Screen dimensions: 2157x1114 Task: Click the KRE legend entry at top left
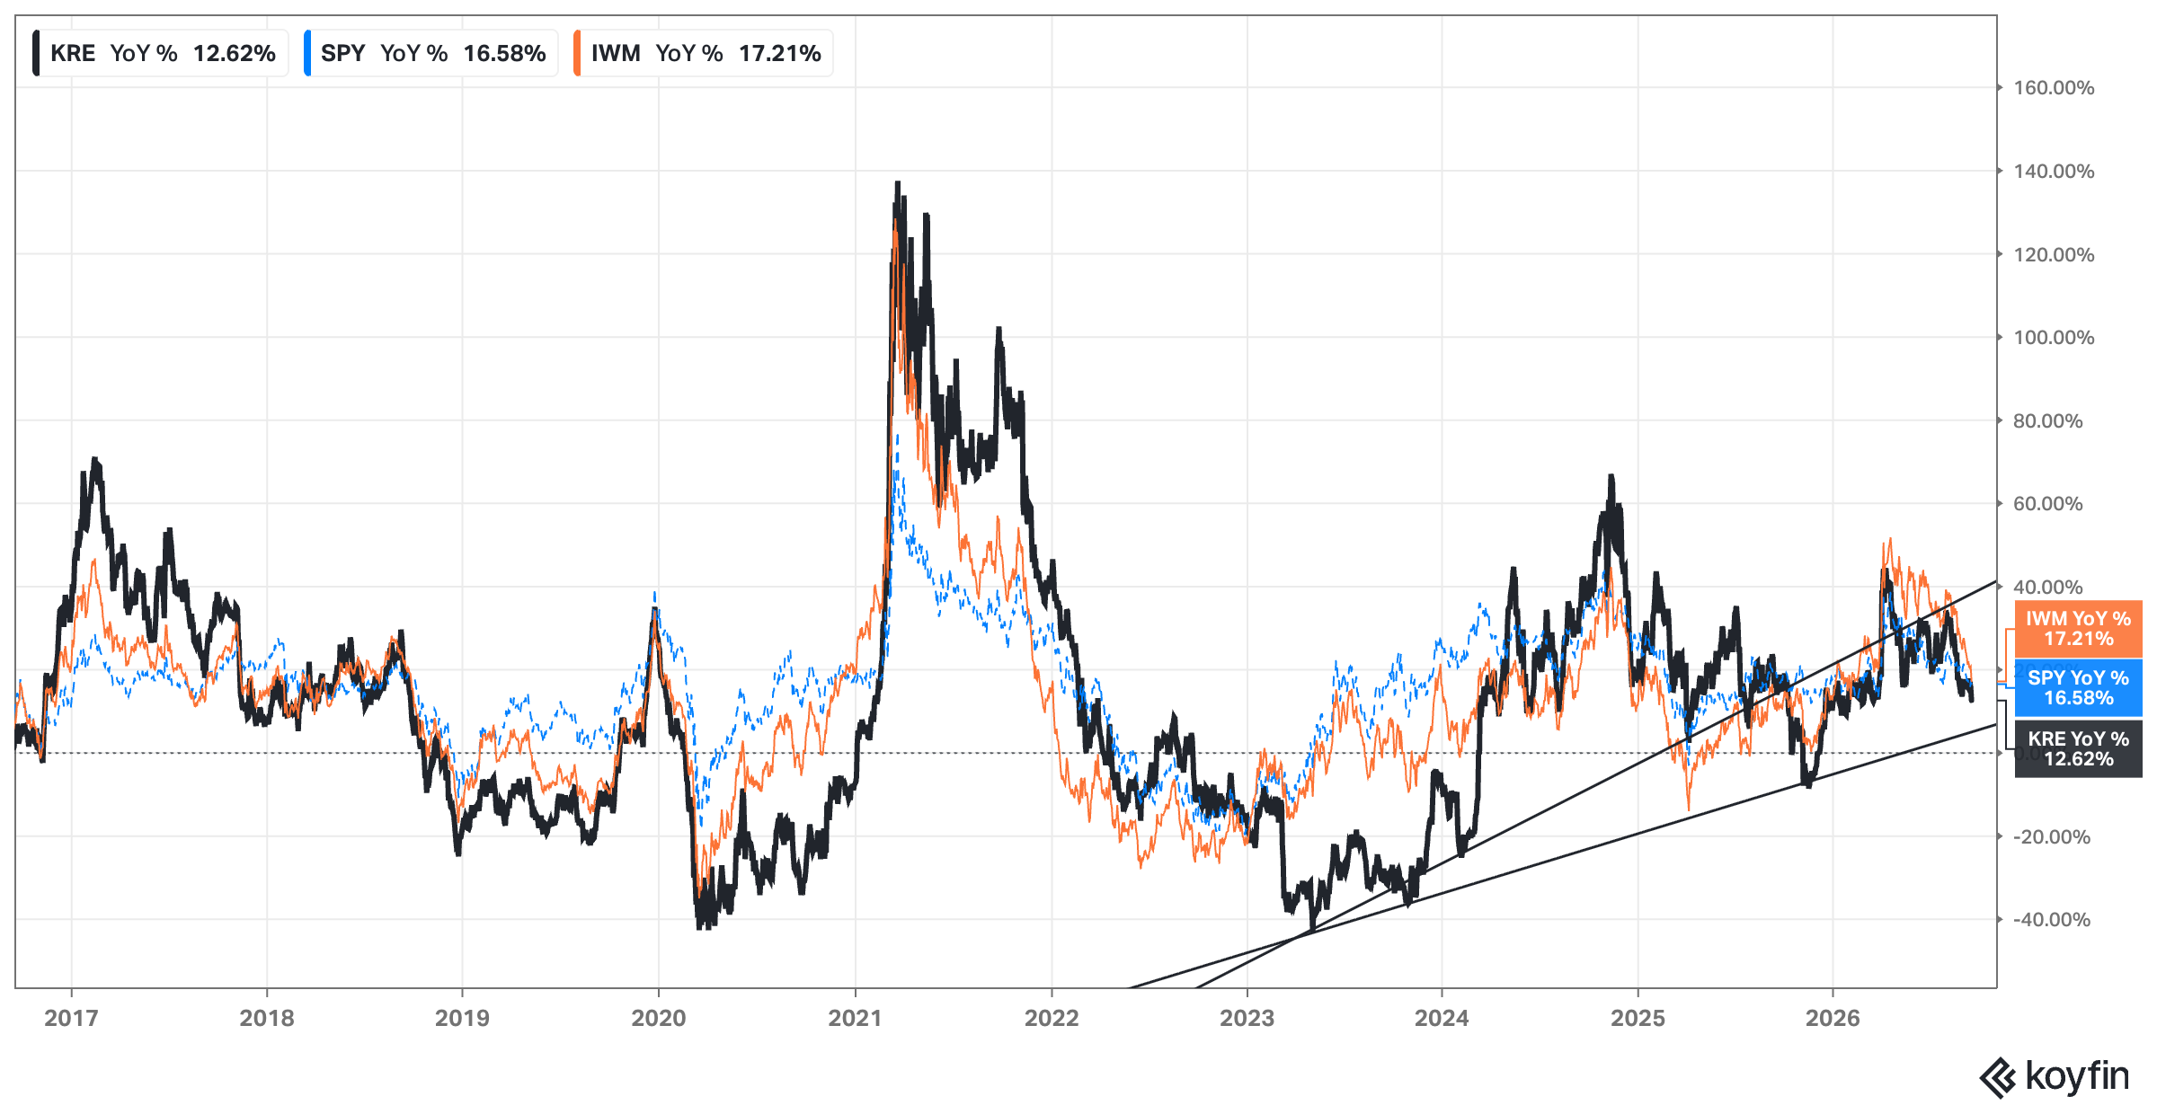[x=160, y=53]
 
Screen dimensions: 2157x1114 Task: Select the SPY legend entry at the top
[x=431, y=53]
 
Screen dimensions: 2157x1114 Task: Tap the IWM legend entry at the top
[x=703, y=53]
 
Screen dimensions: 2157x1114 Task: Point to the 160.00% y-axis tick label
[x=2054, y=88]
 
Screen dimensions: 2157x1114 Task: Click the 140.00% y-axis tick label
[x=2054, y=172]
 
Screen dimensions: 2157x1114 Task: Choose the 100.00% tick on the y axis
[x=2054, y=338]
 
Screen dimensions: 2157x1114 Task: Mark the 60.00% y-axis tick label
[x=2047, y=504]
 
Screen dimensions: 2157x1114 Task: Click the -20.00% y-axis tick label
[x=2051, y=837]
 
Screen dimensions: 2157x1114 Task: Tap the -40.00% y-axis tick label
[x=2051, y=920]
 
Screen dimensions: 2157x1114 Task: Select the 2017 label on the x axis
[x=71, y=1018]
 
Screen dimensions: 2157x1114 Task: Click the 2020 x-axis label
[x=658, y=1018]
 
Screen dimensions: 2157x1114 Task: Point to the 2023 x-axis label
[x=1247, y=1018]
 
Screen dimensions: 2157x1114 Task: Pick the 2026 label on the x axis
[x=1833, y=1018]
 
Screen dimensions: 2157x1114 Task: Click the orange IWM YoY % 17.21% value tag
[x=2078, y=629]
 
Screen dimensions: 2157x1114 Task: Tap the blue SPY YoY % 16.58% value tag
[x=2078, y=688]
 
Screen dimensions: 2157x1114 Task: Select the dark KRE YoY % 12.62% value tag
[x=2078, y=749]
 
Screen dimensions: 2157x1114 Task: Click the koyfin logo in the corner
[x=2055, y=1076]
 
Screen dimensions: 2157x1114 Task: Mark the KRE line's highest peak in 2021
[x=897, y=184]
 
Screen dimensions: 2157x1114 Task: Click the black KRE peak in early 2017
[x=95, y=461]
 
